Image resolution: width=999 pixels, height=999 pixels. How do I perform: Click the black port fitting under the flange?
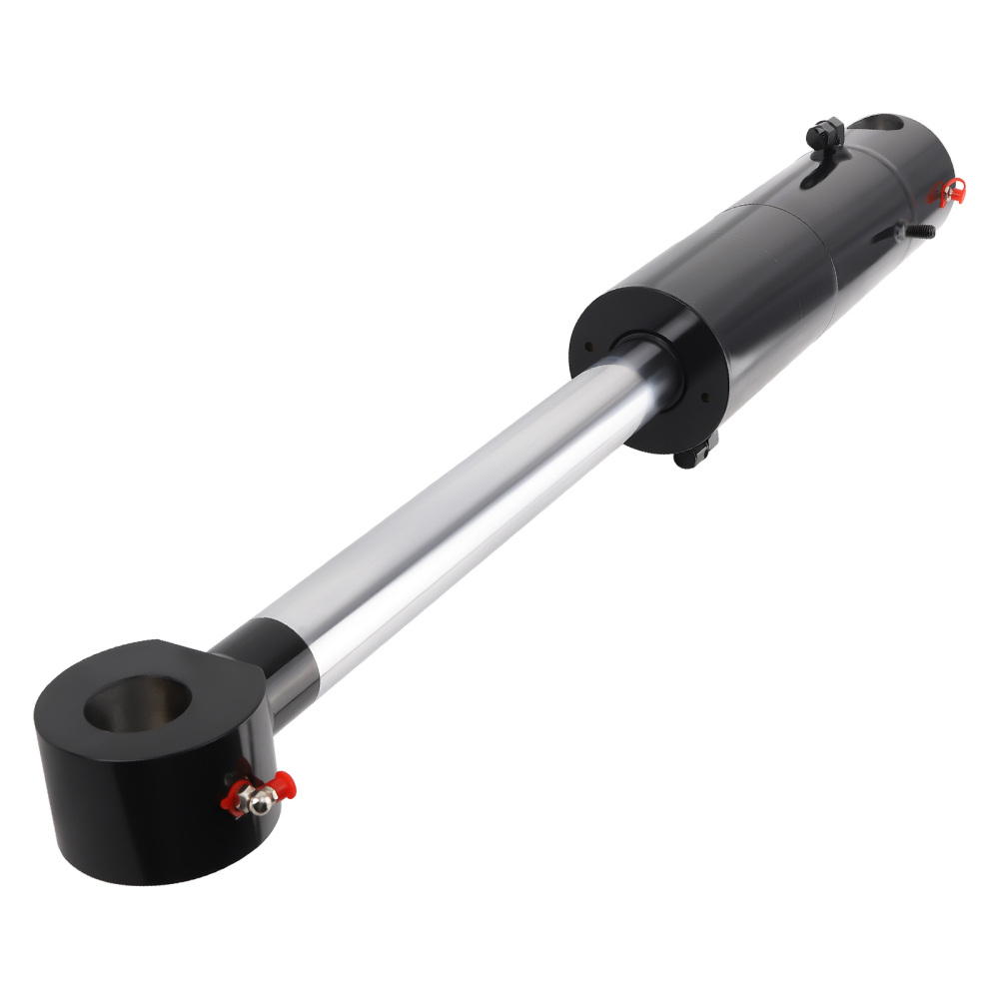[694, 455]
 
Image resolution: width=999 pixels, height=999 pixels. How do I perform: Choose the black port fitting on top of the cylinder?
[826, 134]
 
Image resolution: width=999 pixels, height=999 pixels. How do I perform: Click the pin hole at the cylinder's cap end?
[878, 125]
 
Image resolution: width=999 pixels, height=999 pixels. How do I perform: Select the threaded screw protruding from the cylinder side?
[919, 232]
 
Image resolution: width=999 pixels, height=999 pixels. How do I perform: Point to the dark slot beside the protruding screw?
[889, 237]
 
